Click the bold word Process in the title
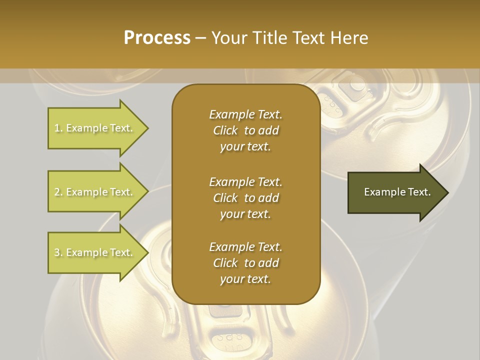(x=157, y=38)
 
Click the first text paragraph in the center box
(x=245, y=130)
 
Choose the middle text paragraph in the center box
(x=245, y=197)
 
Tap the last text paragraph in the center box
(x=245, y=263)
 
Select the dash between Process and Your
(x=201, y=38)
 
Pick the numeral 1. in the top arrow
(x=58, y=128)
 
